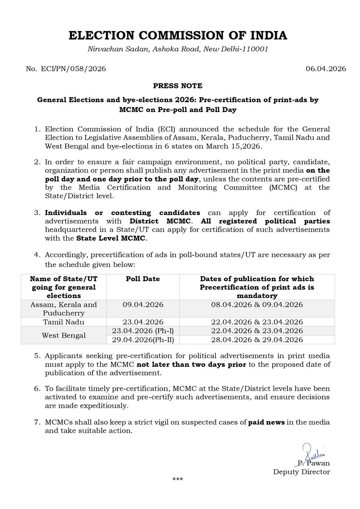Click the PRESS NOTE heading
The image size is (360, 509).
point(178,85)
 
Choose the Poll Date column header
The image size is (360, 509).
point(143,279)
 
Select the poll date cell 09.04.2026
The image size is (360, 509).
point(143,305)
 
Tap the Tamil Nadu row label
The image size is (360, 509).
point(63,322)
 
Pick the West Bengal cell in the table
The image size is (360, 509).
point(63,335)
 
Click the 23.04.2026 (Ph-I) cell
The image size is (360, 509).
point(143,331)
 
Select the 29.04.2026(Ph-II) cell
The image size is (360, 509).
point(143,340)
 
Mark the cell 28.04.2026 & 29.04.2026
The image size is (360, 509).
point(257,340)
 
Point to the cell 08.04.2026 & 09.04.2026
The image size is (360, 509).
point(257,305)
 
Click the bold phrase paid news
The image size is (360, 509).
point(266,423)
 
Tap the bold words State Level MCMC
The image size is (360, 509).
point(111,239)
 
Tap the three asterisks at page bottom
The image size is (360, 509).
point(178,480)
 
